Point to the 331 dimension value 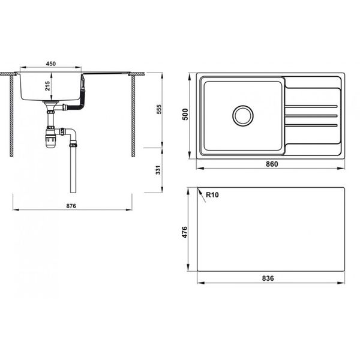click(x=158, y=170)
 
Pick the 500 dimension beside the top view click(x=185, y=115)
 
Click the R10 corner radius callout click(x=211, y=194)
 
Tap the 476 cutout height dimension click(x=185, y=232)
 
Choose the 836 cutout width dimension click(x=268, y=278)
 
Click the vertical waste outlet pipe click(x=73, y=171)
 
